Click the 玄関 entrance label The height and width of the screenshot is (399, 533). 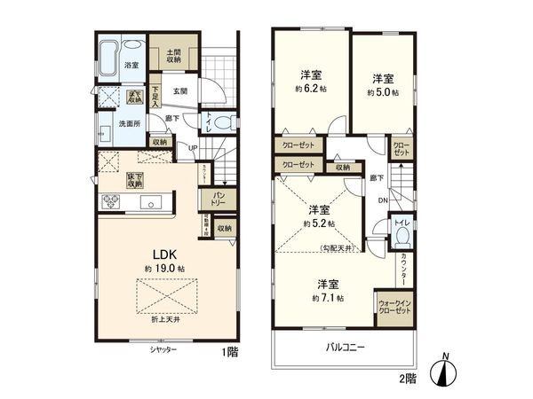point(179,90)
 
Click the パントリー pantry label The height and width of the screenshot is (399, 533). point(218,199)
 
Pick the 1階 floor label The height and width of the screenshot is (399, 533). point(230,352)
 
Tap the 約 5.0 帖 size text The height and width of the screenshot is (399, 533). point(385,90)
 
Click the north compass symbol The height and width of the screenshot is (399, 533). point(445,373)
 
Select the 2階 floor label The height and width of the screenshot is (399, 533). point(407,378)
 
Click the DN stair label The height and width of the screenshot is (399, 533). point(383,201)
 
